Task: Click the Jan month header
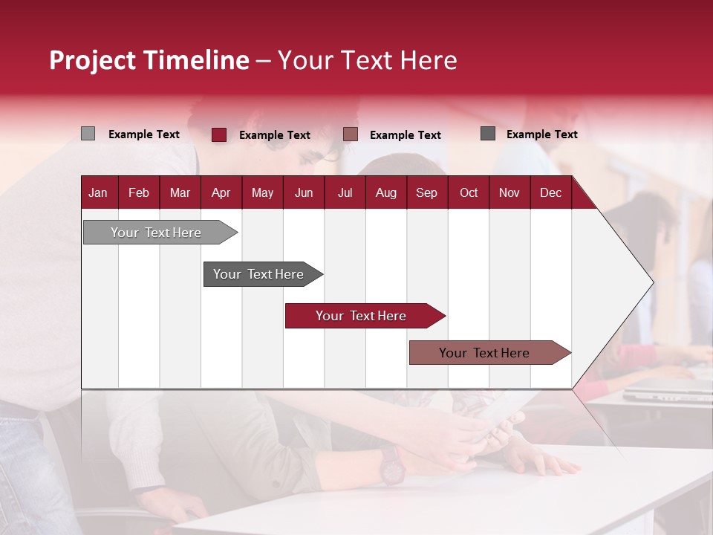tap(98, 192)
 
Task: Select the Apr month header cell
tap(221, 192)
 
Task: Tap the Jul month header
tap(345, 192)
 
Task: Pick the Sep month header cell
tap(426, 192)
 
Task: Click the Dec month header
tap(550, 192)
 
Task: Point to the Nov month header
tap(509, 192)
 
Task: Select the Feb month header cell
tap(139, 192)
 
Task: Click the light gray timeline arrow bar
tap(156, 233)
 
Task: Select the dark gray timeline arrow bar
tap(258, 274)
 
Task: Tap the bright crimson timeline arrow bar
tap(361, 316)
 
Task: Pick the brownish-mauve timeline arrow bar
tap(484, 353)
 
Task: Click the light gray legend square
tap(88, 134)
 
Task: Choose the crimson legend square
tap(219, 134)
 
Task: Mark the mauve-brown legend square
tap(351, 134)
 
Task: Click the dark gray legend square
tap(488, 133)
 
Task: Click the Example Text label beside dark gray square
tap(541, 134)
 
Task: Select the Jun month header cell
tap(303, 192)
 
